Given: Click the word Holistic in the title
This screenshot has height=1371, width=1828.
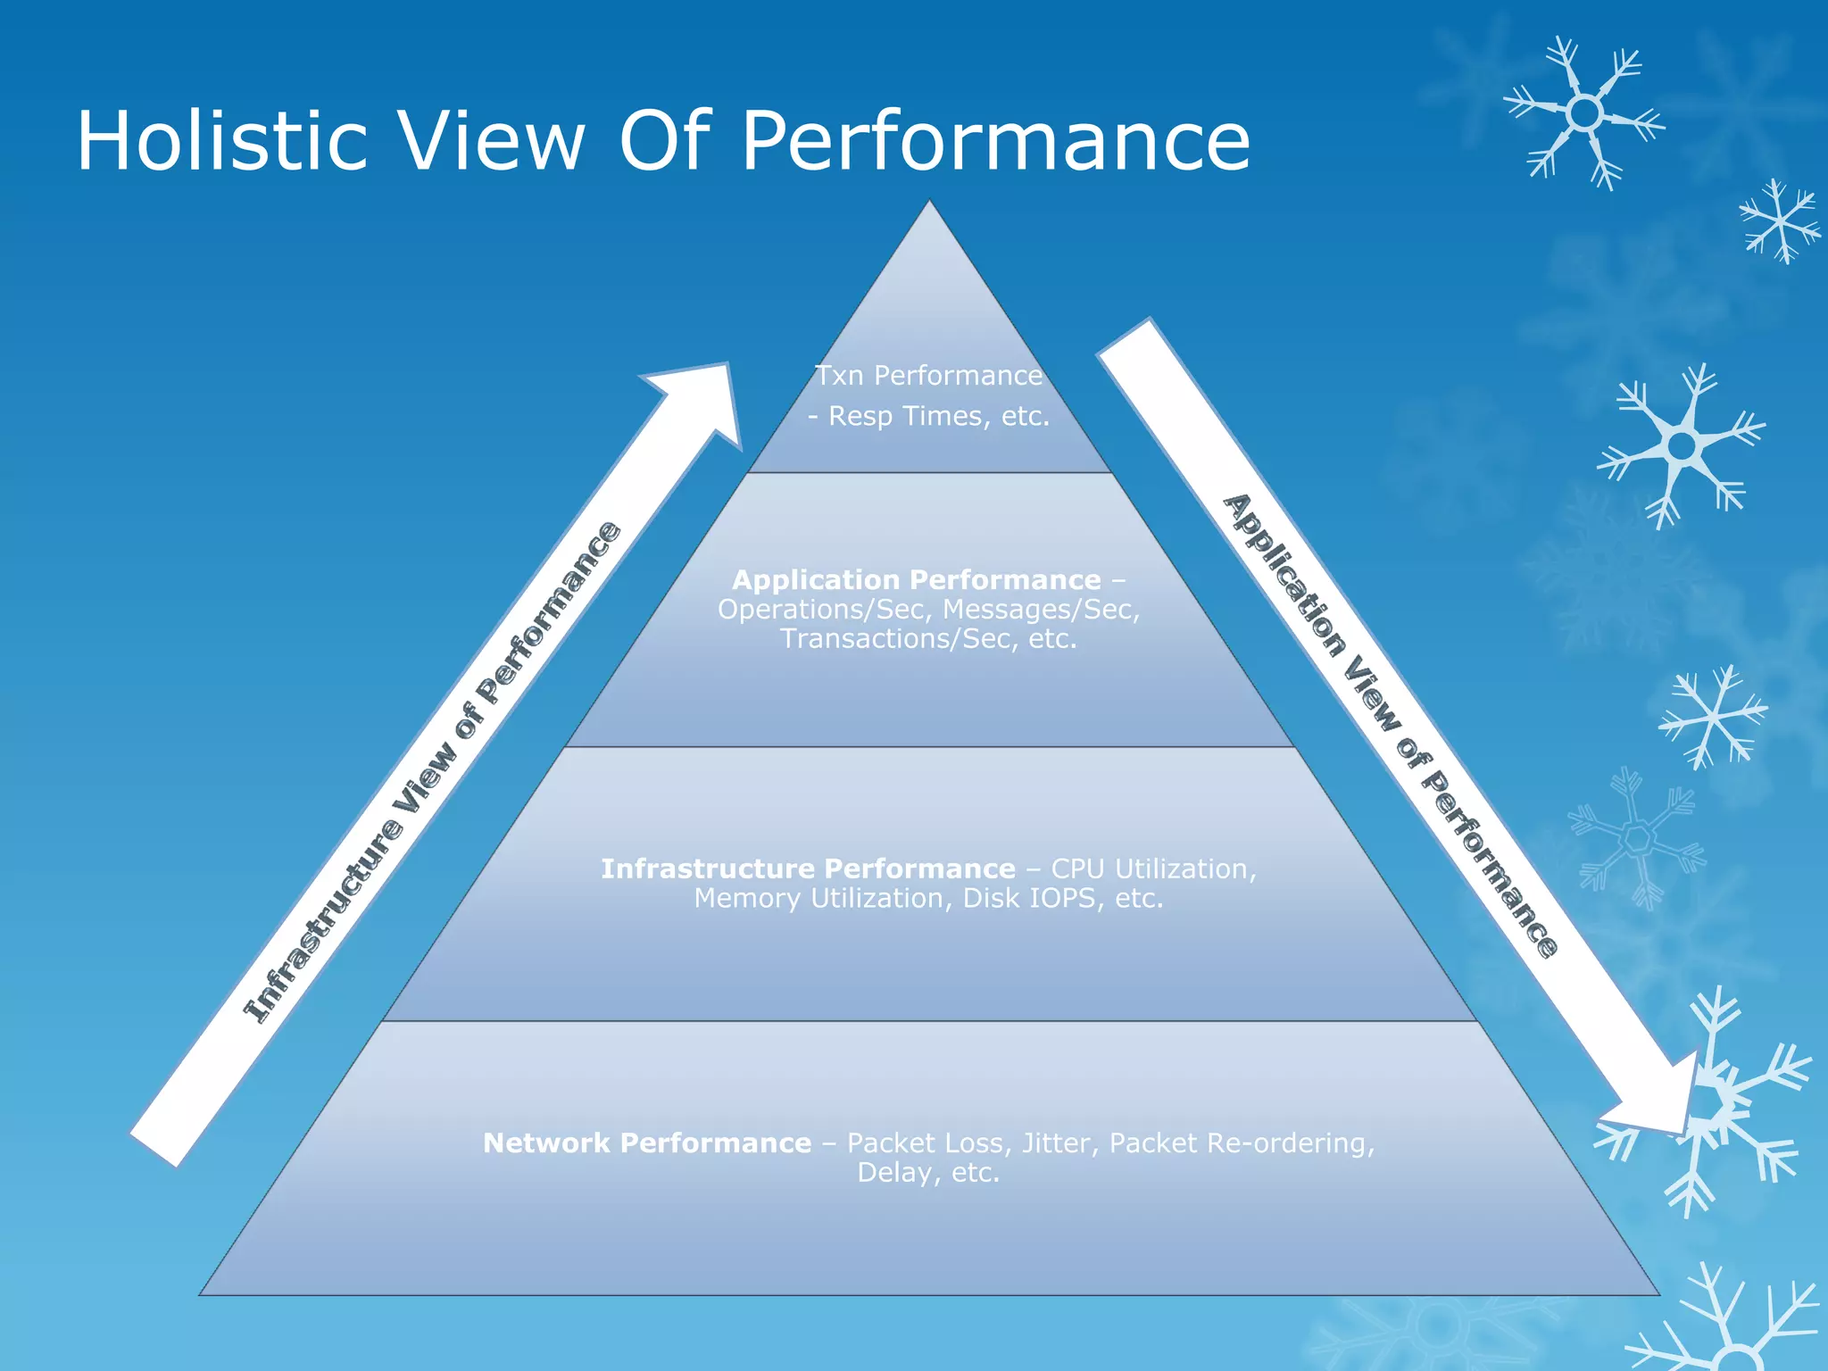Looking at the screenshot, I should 222,141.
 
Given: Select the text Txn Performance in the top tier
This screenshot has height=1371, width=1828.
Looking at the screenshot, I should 928,376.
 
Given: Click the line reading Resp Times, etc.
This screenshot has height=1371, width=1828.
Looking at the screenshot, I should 938,417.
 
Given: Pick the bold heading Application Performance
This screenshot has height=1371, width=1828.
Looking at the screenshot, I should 916,580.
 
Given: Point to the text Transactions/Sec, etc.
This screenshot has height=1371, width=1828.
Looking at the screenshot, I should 928,639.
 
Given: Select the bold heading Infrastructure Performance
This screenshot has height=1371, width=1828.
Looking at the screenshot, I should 808,868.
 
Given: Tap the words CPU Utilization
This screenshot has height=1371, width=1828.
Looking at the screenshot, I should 1152,868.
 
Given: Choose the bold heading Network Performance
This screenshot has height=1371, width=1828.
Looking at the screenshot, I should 647,1142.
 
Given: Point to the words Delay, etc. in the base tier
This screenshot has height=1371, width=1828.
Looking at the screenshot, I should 928,1172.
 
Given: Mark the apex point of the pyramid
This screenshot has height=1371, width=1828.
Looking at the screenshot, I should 929,202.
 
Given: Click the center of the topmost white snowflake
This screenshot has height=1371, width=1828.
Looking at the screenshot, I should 1584,113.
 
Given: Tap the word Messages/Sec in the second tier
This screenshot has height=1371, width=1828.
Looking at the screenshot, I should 1041,610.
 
